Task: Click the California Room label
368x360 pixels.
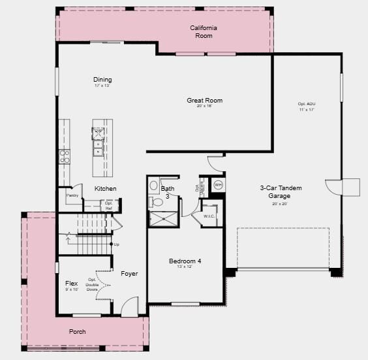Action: click(204, 31)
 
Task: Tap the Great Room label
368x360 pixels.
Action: click(205, 101)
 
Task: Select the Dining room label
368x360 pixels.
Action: click(102, 80)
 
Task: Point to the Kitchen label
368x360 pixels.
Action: click(105, 189)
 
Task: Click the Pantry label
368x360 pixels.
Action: click(72, 195)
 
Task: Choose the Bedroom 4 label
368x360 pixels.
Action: click(185, 261)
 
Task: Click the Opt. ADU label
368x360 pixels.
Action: click(307, 105)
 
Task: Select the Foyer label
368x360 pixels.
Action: click(129, 274)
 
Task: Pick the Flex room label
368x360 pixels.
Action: click(72, 284)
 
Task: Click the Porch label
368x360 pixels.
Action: click(78, 332)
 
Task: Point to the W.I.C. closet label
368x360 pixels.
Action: click(209, 216)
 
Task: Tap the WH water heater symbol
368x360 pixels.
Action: click(218, 184)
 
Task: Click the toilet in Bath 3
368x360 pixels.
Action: click(154, 185)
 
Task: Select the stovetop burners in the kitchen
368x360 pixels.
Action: click(65, 156)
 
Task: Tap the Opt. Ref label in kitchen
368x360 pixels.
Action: click(109, 205)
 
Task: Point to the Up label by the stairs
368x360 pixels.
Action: click(117, 244)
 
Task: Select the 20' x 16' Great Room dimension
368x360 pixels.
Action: click(205, 106)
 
